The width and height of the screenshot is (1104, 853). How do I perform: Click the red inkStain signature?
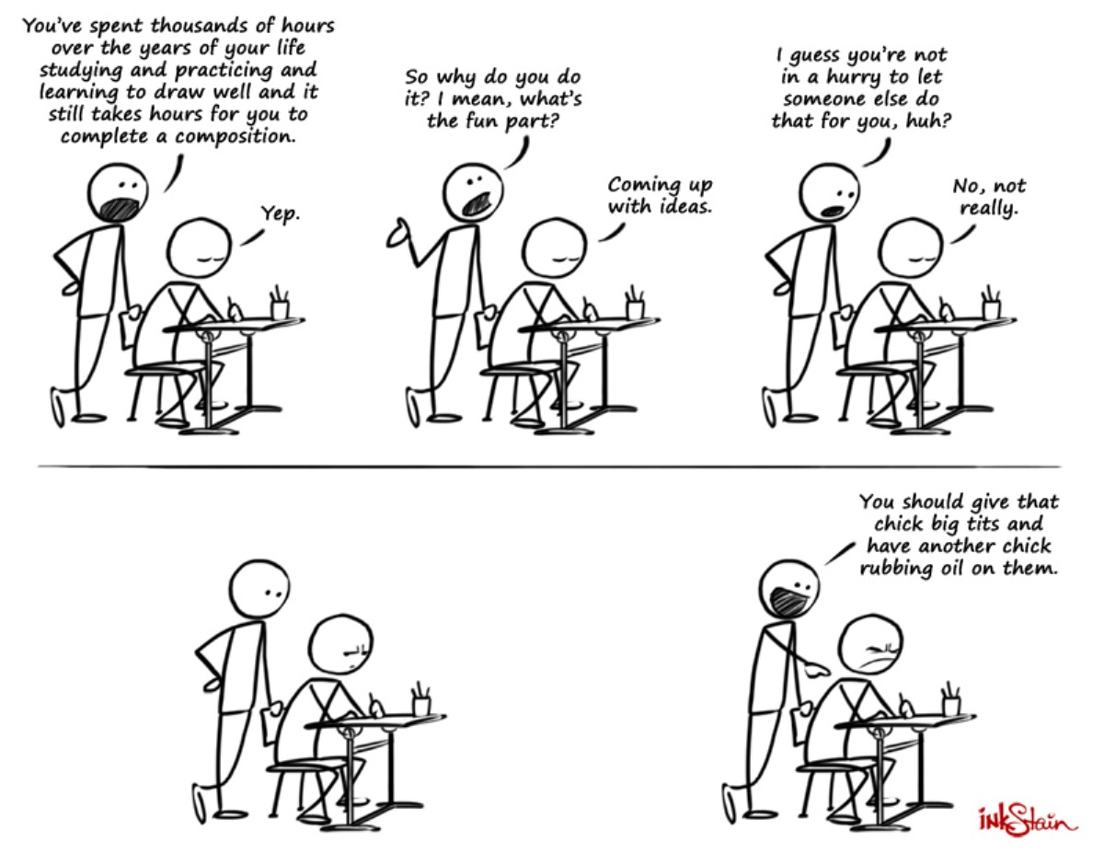pyautogui.click(x=1028, y=820)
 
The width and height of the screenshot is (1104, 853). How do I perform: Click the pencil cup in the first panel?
pyautogui.click(x=280, y=304)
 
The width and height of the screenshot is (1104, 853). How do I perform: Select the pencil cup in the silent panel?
pyautogui.click(x=420, y=699)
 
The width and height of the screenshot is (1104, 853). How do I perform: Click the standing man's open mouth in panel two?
pyautogui.click(x=476, y=204)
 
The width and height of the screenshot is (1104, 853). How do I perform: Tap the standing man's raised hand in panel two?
pyautogui.click(x=397, y=235)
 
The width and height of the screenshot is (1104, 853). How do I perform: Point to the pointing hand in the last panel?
pyautogui.click(x=818, y=672)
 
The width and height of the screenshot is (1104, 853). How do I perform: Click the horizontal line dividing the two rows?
pyautogui.click(x=549, y=466)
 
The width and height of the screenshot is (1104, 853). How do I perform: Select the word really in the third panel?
pyautogui.click(x=988, y=208)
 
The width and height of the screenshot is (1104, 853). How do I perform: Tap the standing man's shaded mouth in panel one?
pyautogui.click(x=121, y=209)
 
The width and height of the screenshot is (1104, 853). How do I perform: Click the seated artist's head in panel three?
pyautogui.click(x=911, y=248)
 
